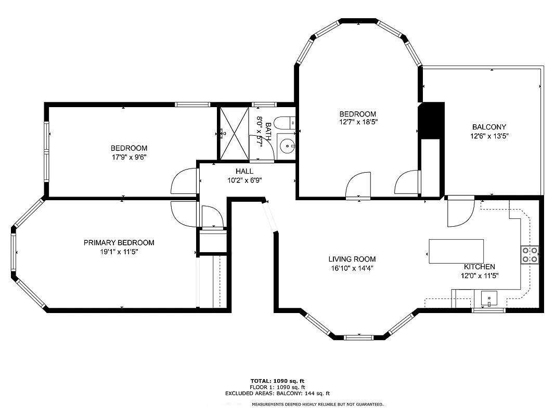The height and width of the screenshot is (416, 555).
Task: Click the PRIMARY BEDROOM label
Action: click(119, 243)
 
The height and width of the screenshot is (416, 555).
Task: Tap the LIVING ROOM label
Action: click(352, 259)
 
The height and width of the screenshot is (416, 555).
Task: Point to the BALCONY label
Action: click(488, 127)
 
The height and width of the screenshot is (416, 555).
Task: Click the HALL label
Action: click(244, 171)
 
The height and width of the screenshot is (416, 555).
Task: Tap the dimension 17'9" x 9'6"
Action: click(128, 157)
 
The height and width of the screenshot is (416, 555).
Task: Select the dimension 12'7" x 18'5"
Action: click(357, 122)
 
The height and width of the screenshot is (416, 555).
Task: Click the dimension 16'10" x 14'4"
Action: click(352, 268)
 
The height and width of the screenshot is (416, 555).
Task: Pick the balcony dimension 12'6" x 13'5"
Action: click(488, 136)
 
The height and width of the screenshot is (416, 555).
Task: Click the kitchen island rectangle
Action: click(456, 251)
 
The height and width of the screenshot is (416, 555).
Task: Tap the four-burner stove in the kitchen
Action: click(530, 254)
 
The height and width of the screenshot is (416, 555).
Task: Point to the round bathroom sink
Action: click(286, 146)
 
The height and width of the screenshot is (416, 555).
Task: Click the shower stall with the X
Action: click(233, 133)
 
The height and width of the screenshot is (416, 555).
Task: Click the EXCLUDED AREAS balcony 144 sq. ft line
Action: click(277, 394)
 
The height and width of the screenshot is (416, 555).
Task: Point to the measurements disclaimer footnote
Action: click(318, 404)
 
